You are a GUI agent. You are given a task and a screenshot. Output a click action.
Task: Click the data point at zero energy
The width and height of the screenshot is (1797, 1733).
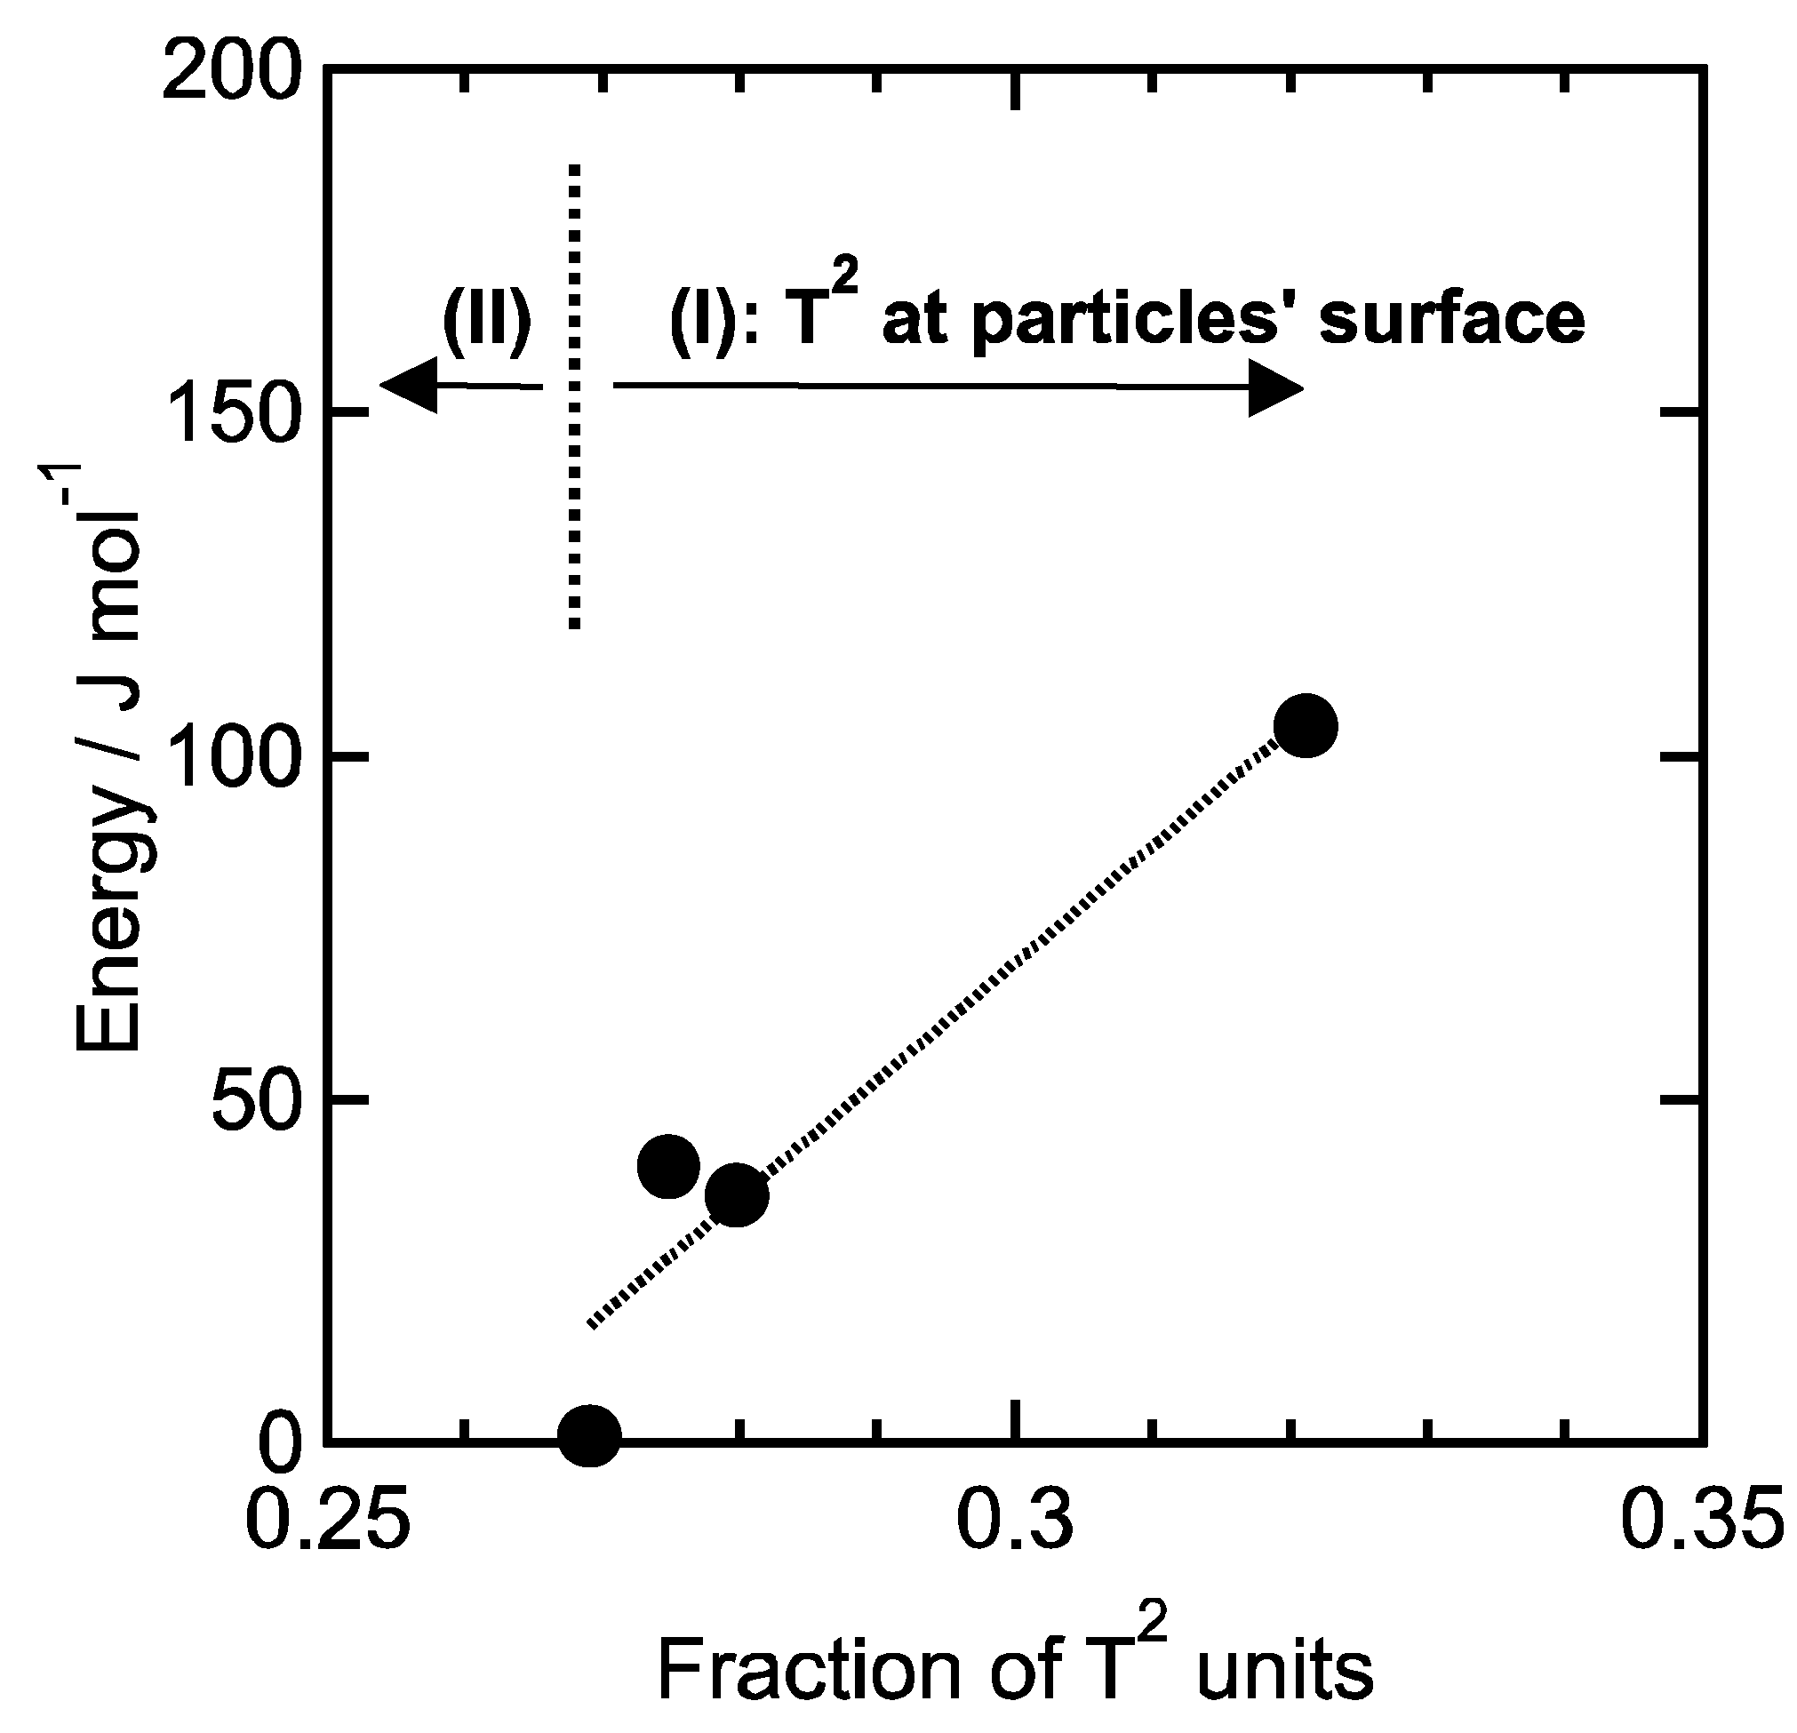pos(589,1435)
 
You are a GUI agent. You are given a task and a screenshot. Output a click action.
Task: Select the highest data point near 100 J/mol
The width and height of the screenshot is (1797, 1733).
pos(1306,726)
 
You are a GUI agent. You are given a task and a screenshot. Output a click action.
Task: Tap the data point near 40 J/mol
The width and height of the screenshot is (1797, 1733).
pos(668,1165)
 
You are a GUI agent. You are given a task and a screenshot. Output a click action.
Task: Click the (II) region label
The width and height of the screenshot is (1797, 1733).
pos(487,321)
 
